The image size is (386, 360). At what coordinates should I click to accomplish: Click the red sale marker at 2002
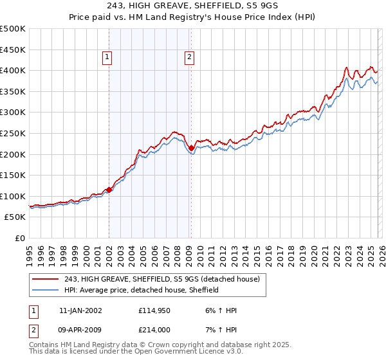tap(109, 190)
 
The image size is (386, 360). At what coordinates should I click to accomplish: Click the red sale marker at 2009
tap(191, 148)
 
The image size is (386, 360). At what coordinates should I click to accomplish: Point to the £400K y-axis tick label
tap(14, 71)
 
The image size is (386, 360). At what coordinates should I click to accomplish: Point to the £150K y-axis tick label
tap(14, 175)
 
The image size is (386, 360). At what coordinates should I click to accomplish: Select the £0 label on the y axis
tap(20, 238)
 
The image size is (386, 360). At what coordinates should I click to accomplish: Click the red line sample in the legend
tap(46, 279)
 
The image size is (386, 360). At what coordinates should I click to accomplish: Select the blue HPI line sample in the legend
tap(46, 290)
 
